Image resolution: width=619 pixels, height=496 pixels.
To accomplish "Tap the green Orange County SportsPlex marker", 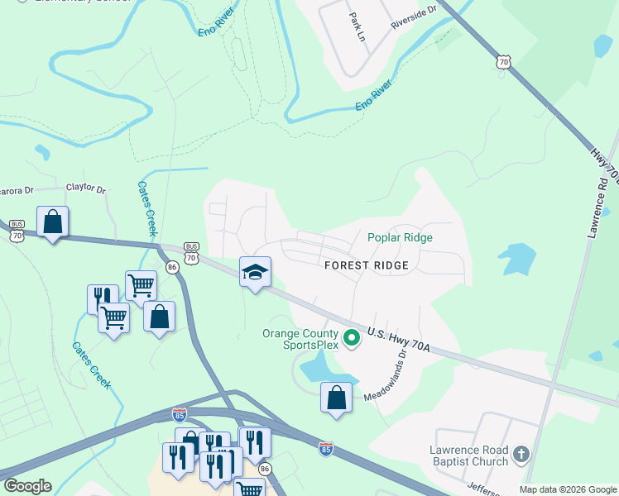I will (x=352, y=337).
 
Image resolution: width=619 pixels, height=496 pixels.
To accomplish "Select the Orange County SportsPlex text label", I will (x=301, y=339).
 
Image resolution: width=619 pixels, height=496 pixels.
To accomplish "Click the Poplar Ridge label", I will (x=400, y=237).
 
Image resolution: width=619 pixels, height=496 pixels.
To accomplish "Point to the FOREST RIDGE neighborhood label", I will (x=367, y=265).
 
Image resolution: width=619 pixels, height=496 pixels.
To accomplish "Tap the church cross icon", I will (x=521, y=454).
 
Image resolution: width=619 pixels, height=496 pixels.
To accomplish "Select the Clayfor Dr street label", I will (x=86, y=190).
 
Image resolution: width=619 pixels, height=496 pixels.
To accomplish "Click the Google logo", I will (x=26, y=486).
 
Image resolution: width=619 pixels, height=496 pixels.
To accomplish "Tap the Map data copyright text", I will (x=569, y=489).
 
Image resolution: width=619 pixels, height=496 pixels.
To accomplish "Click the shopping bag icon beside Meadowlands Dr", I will (x=336, y=398).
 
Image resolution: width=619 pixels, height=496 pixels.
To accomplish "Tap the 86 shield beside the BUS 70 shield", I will (x=172, y=267).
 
